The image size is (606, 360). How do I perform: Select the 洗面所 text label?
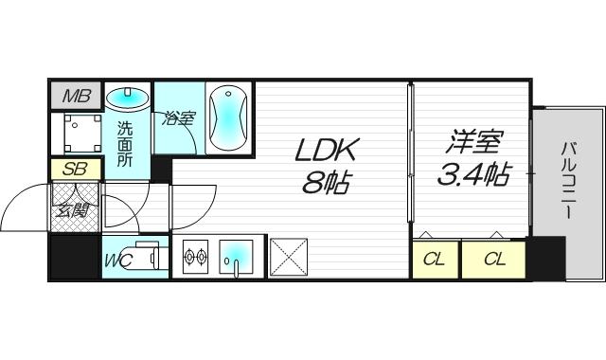pyautogui.click(x=125, y=142)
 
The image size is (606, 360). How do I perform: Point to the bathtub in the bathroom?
pyautogui.click(x=227, y=117)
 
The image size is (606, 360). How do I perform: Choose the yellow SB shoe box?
pyautogui.click(x=71, y=171)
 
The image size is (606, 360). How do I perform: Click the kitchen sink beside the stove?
pyautogui.click(x=236, y=256)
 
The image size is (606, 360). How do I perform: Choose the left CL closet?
pyautogui.click(x=435, y=260)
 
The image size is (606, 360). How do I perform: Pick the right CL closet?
pyautogui.click(x=493, y=260)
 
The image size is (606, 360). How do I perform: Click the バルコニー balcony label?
pyautogui.click(x=569, y=180)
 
